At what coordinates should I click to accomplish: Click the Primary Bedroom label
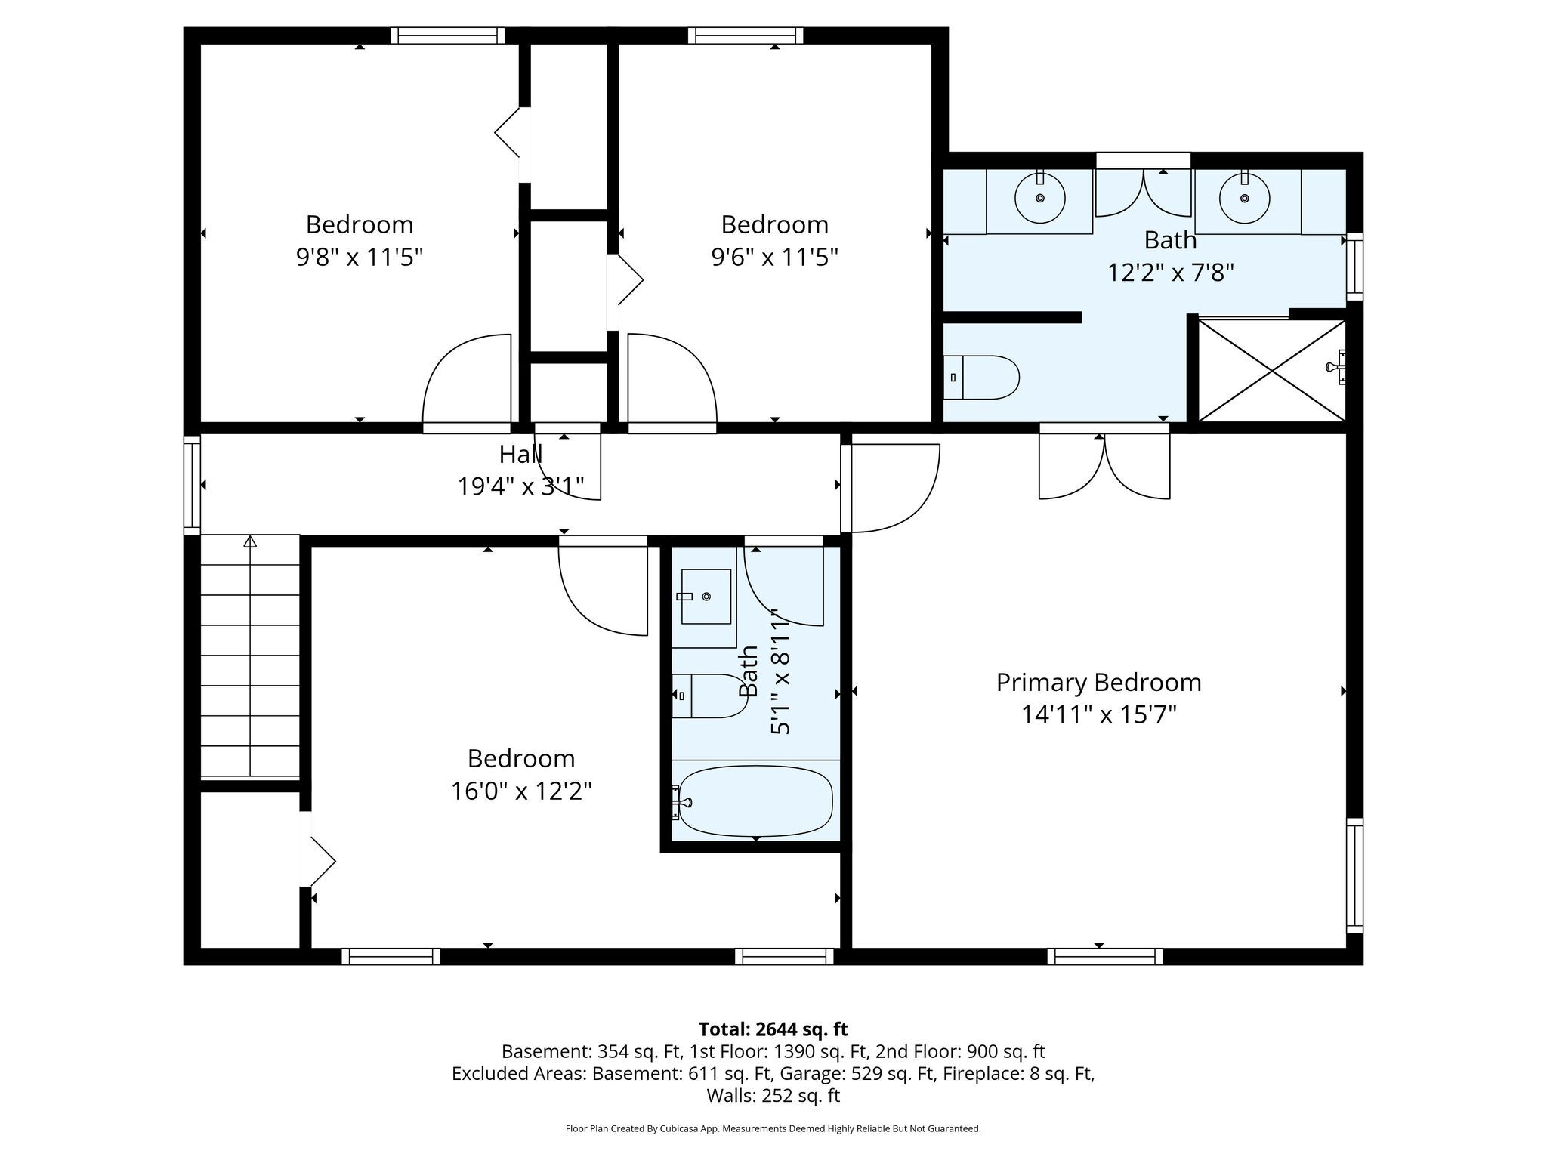(x=1098, y=682)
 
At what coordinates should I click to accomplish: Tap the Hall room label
(x=520, y=454)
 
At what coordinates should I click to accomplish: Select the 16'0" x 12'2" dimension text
(x=521, y=791)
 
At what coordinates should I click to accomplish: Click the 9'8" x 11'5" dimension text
(x=360, y=257)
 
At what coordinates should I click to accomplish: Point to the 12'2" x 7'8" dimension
(x=1170, y=271)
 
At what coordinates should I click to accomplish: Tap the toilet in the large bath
(x=981, y=377)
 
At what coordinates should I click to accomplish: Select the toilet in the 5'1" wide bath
(x=710, y=696)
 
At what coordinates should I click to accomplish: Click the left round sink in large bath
(x=1040, y=198)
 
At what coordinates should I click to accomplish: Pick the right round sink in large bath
(x=1244, y=198)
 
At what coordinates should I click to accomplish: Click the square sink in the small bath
(x=706, y=597)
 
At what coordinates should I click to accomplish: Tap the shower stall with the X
(x=1273, y=370)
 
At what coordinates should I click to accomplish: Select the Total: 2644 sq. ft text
(x=773, y=1029)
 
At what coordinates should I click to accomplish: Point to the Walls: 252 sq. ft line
(x=773, y=1095)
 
